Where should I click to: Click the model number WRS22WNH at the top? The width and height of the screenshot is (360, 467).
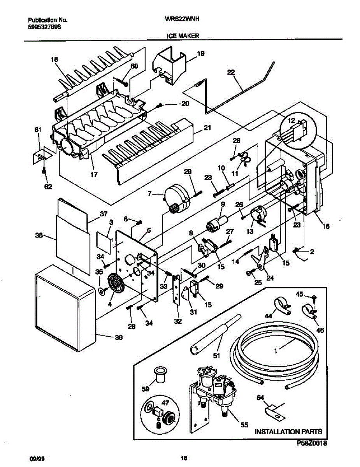182,19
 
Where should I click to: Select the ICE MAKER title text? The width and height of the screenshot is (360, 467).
183,36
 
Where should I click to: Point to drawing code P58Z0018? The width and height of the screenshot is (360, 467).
312,443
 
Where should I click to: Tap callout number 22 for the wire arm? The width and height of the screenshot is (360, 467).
231,72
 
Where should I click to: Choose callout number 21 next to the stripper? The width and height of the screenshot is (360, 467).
207,128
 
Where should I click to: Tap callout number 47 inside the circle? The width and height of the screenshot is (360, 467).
165,403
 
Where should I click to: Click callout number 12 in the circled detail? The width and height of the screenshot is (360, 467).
291,121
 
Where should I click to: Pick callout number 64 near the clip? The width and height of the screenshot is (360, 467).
260,398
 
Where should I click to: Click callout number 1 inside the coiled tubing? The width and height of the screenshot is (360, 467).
276,351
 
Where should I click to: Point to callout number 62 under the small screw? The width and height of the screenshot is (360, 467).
48,186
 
